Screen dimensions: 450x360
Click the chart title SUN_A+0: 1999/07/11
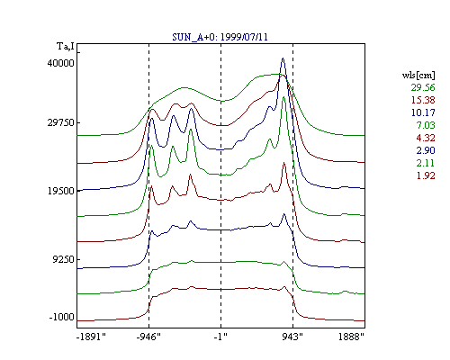pos(220,37)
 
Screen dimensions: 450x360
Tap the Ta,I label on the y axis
pos(66,47)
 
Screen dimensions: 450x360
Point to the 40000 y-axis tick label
pos(60,63)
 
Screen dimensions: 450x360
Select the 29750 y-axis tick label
pos(60,122)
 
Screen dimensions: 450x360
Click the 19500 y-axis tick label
pos(60,191)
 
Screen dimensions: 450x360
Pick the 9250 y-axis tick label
pos(63,259)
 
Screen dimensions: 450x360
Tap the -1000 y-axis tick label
pos(61,317)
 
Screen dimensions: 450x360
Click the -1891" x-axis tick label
pos(92,337)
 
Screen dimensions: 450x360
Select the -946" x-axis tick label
pos(148,337)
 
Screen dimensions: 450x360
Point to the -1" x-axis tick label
pos(220,337)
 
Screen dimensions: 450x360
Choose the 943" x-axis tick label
pos(292,337)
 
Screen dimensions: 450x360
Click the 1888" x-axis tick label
pos(351,337)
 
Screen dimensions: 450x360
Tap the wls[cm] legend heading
pos(418,75)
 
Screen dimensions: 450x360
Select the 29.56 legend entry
pos(423,87)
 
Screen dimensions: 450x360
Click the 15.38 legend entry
pos(423,100)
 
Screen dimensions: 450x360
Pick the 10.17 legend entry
pos(423,112)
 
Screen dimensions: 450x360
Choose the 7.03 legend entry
pos(426,125)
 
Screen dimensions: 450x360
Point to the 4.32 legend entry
pos(426,138)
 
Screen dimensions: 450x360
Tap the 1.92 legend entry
pos(426,175)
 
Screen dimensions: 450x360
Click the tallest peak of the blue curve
pos(283,58)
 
